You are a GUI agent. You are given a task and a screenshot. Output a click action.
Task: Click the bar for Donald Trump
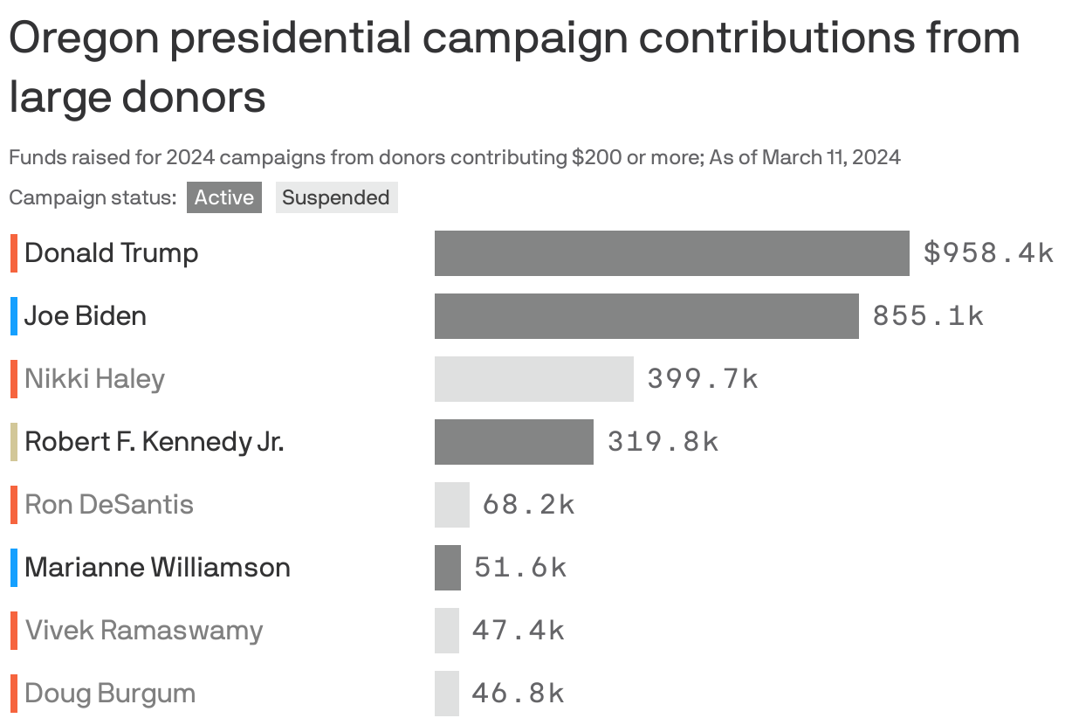[671, 253]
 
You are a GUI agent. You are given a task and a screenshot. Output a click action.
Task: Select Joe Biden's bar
[646, 316]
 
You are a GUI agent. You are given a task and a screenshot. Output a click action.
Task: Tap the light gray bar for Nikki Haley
[533, 379]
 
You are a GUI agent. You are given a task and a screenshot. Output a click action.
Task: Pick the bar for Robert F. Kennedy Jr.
[513, 442]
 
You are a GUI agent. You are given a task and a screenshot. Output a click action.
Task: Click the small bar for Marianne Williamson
[447, 568]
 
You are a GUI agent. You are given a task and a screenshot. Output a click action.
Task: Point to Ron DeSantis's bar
[451, 505]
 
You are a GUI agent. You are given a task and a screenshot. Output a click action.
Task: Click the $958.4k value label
[988, 253]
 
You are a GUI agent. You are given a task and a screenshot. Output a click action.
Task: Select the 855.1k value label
[928, 316]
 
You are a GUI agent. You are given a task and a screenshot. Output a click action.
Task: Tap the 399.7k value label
[703, 379]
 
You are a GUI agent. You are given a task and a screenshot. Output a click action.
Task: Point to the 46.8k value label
[519, 694]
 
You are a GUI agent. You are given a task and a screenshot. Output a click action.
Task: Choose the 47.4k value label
[519, 631]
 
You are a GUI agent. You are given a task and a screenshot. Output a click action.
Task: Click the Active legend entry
[223, 197]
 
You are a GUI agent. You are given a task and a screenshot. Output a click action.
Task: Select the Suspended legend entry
[336, 197]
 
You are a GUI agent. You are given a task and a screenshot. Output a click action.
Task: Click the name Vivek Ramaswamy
[144, 631]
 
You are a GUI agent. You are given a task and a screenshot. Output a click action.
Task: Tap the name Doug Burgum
[110, 694]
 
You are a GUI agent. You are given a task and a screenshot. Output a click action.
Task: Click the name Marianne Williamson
[157, 568]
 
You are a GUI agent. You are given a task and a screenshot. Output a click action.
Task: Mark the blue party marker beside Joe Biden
[14, 316]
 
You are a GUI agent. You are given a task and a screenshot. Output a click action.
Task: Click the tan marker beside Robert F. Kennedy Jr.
[14, 442]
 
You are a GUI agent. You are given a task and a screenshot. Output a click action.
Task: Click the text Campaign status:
[93, 197]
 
